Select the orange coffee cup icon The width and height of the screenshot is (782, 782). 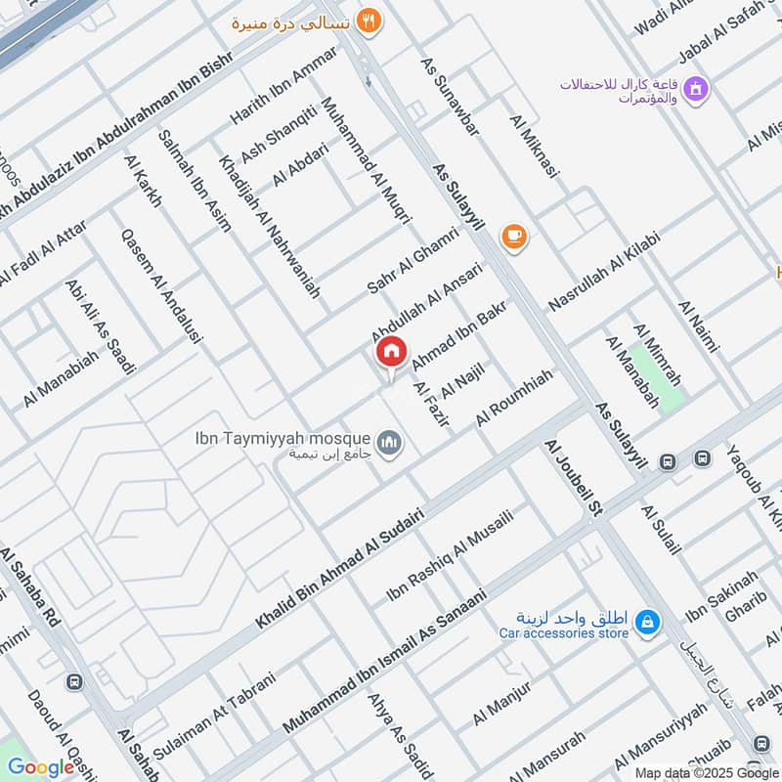(513, 236)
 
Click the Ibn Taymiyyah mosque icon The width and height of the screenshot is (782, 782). (391, 445)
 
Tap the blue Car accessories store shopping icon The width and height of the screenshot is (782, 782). (647, 621)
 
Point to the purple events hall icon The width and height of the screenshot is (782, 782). (696, 90)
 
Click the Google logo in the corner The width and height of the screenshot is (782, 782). (40, 767)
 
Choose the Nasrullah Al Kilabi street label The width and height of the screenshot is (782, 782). (604, 273)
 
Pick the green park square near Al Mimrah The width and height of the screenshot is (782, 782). (658, 376)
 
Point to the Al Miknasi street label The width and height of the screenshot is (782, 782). (534, 147)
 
